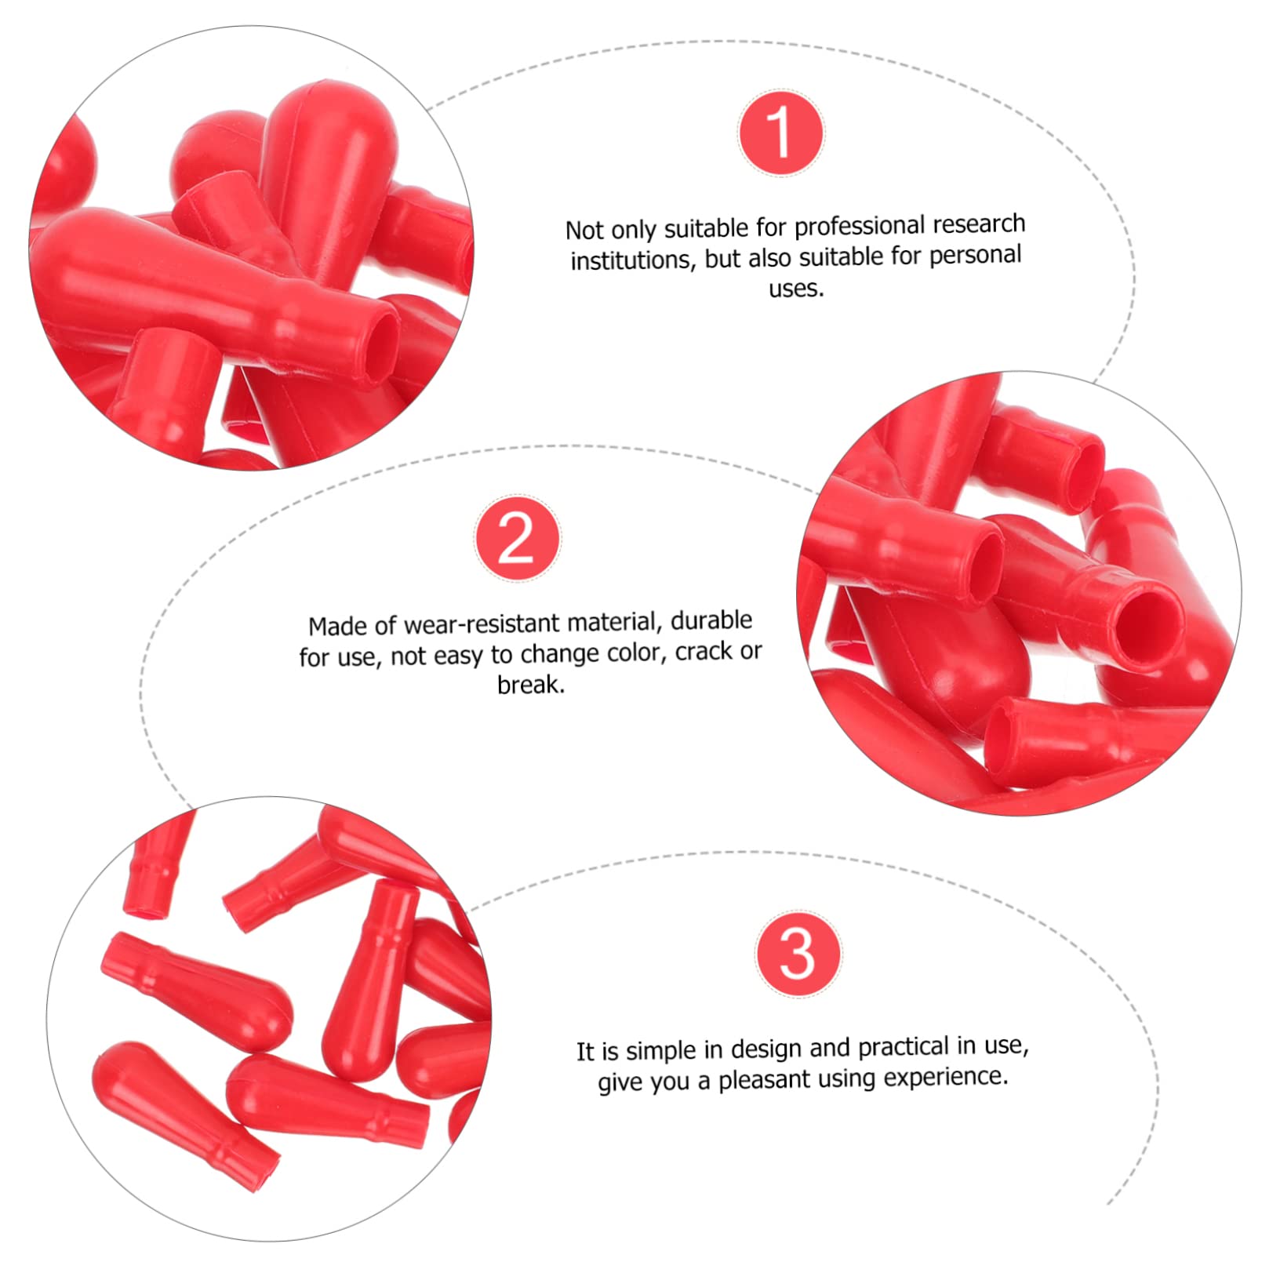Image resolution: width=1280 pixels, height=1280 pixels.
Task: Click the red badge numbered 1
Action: coord(780,133)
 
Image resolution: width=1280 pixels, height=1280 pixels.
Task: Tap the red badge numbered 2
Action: coord(518,538)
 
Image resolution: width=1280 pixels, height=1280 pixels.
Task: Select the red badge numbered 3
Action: coord(798,953)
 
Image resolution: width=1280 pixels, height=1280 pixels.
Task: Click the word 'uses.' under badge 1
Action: coord(796,289)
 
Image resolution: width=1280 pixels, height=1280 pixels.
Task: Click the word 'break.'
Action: coord(531,685)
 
